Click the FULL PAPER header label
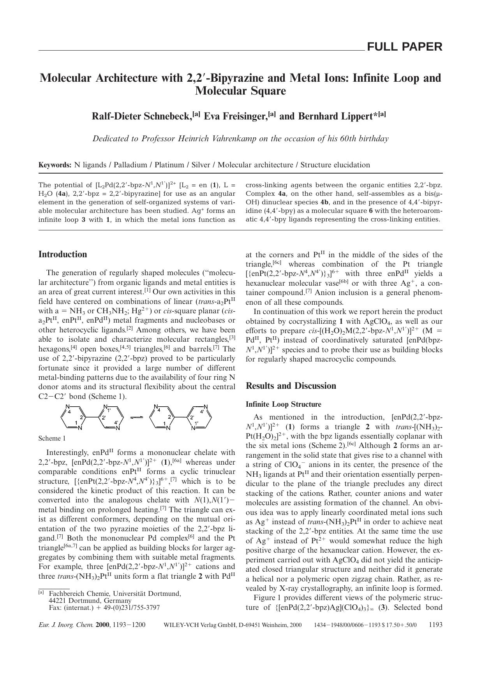[x=404, y=47]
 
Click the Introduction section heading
[x=63, y=255]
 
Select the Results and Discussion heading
[x=291, y=386]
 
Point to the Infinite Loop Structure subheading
[x=284, y=404]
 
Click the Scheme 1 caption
[x=52, y=438]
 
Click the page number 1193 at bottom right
[x=435, y=625]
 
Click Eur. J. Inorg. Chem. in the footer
[x=66, y=625]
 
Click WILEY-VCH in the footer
[x=183, y=625]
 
